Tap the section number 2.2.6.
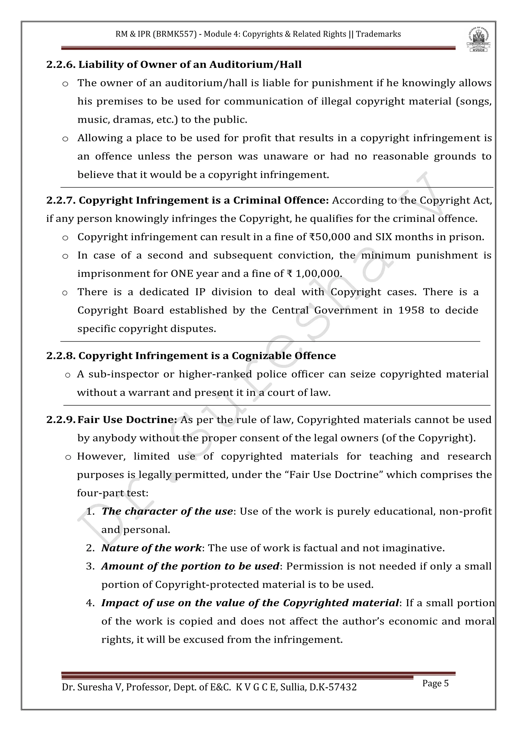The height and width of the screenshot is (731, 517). click(61, 65)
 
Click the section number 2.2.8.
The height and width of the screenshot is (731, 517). click(61, 356)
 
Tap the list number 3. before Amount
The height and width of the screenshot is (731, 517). click(90, 566)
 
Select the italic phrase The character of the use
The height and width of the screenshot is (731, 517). click(167, 511)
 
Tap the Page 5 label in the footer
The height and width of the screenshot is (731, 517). click(435, 683)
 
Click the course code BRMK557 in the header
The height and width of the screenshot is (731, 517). click(174, 34)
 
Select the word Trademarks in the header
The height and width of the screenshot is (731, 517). click(378, 34)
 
